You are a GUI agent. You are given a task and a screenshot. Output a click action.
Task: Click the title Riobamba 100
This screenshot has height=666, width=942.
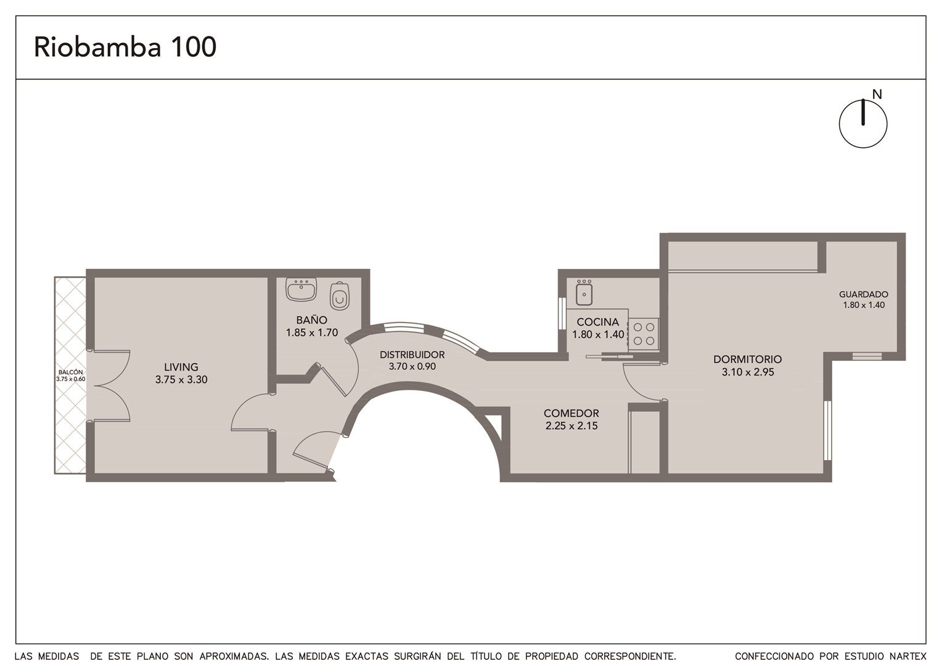click(x=125, y=47)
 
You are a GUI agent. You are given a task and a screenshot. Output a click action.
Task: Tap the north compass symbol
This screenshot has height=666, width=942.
click(x=863, y=124)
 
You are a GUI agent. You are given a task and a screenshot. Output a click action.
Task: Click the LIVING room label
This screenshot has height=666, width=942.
click(x=181, y=367)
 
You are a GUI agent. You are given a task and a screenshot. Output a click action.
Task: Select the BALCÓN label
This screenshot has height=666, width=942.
click(x=71, y=372)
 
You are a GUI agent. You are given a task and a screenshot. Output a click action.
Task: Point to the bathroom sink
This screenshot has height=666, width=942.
click(x=301, y=289)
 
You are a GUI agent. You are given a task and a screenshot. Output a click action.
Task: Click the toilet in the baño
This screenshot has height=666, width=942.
click(x=340, y=296)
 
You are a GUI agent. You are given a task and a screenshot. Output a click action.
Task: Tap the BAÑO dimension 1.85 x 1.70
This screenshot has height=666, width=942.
click(x=312, y=333)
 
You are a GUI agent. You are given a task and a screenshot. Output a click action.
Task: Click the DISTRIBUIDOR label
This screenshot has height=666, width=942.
click(x=412, y=355)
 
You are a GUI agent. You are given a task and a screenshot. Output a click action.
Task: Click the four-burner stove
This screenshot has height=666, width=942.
click(x=644, y=334)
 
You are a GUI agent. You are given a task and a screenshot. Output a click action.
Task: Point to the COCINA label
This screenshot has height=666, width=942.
click(x=598, y=322)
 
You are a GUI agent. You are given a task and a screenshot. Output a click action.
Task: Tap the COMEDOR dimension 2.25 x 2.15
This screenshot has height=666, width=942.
click(x=571, y=425)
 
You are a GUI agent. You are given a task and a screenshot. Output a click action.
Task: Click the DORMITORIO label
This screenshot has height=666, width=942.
click(x=748, y=360)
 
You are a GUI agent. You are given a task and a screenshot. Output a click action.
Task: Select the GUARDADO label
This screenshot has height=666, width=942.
click(x=864, y=295)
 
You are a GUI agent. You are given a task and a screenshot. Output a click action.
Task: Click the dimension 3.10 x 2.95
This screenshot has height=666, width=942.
click(x=748, y=372)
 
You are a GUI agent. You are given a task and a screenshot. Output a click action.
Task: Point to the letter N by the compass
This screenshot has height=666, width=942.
click(x=877, y=95)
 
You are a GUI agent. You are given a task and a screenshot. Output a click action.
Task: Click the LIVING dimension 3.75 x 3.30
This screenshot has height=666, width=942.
click(x=181, y=379)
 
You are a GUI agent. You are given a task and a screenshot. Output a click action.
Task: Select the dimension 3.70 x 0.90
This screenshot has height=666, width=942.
click(x=412, y=366)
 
